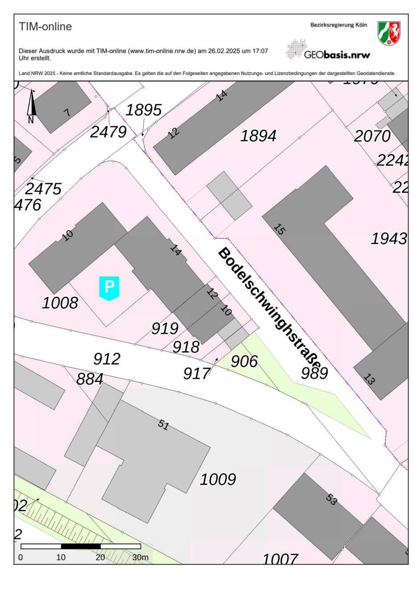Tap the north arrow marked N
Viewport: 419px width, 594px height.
31,106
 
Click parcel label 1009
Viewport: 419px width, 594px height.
218,479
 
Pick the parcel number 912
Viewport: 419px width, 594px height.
107,359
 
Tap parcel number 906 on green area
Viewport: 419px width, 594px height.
244,361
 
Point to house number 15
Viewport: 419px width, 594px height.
279,229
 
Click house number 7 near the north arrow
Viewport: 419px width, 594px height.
67,113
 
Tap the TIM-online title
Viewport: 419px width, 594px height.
45,27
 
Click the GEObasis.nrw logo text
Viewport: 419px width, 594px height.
337,55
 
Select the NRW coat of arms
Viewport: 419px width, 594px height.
389,33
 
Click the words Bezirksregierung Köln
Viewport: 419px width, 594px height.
338,25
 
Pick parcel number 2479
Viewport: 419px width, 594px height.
108,132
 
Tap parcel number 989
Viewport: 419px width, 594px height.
314,373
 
